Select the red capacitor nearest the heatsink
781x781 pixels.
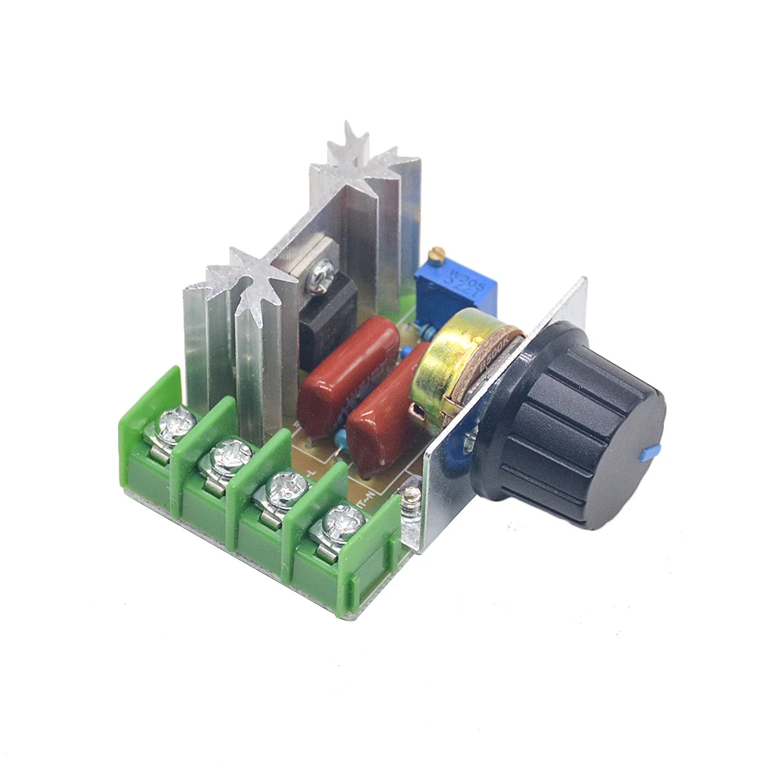tap(344, 367)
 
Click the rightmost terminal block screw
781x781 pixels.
tap(337, 519)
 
